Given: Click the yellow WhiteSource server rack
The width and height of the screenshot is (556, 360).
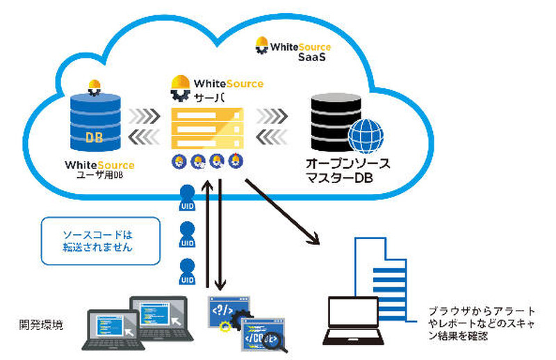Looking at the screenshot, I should pos(206,129).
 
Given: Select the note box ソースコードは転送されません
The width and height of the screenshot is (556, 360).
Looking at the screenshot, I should pos(100,240).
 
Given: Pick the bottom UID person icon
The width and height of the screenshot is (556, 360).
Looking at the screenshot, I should pos(187,272).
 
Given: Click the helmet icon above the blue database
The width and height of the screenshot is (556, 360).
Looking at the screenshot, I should pos(95,88).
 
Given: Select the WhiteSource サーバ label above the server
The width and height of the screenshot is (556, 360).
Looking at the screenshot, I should pos(217,89).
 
